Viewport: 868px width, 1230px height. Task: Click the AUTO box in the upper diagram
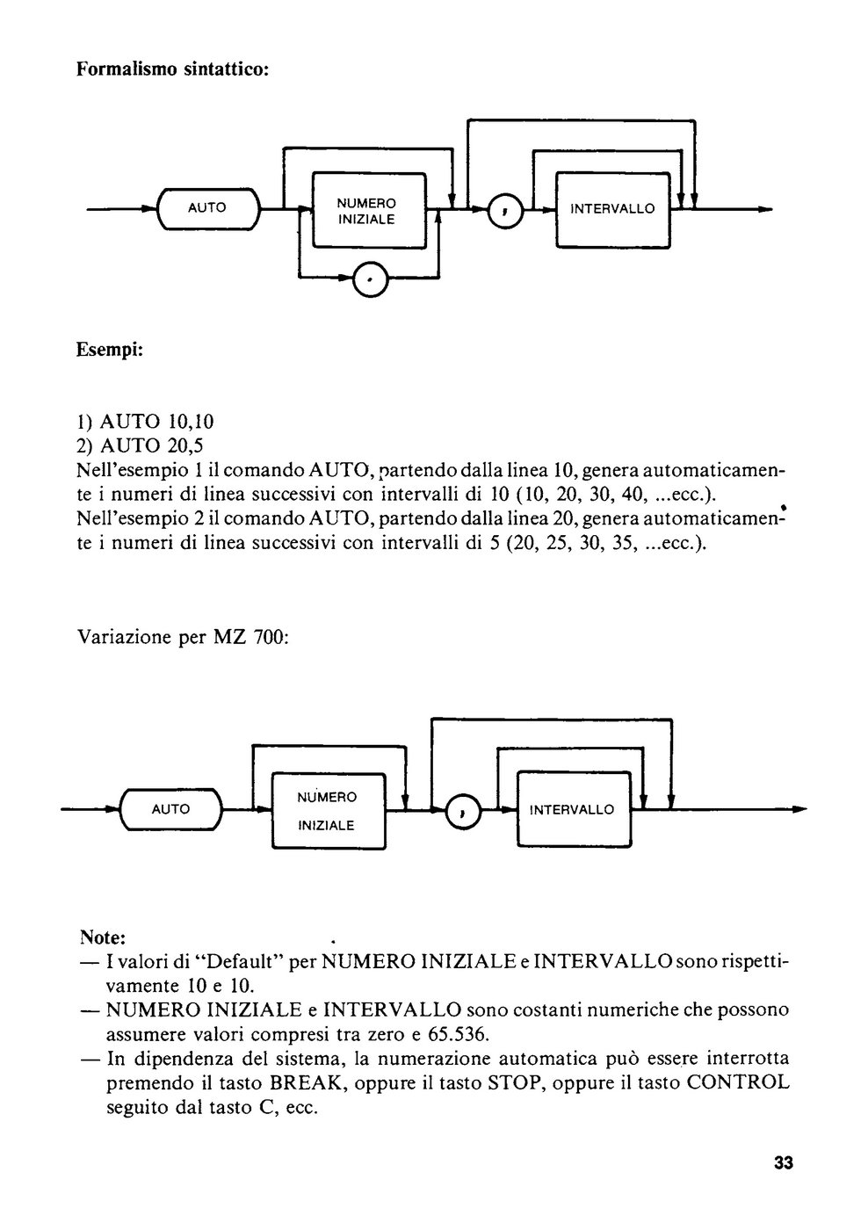[x=207, y=209]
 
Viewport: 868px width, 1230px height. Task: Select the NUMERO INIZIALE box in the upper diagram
[x=369, y=211]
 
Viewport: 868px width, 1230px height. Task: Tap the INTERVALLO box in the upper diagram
[x=612, y=210]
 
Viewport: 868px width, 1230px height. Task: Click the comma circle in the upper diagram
[x=506, y=210]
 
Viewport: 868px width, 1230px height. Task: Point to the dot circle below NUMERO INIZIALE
[x=371, y=279]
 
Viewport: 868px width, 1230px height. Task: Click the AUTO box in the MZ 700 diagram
[x=170, y=809]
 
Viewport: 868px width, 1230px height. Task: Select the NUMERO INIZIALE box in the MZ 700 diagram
[x=329, y=810]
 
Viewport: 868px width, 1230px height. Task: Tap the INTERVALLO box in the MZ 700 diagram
[x=575, y=809]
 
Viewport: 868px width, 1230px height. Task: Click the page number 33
[x=784, y=1162]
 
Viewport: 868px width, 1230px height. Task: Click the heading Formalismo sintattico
[x=172, y=69]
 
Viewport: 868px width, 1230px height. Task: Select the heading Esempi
[x=110, y=350]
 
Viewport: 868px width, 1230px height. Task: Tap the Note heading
[x=103, y=937]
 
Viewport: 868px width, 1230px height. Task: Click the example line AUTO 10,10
[x=145, y=421]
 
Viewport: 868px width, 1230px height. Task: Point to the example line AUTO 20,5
[x=140, y=445]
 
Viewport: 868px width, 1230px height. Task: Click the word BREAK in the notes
[x=307, y=1082]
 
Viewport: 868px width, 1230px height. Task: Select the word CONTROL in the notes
[x=739, y=1082]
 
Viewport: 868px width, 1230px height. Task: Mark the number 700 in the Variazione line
[x=270, y=637]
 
